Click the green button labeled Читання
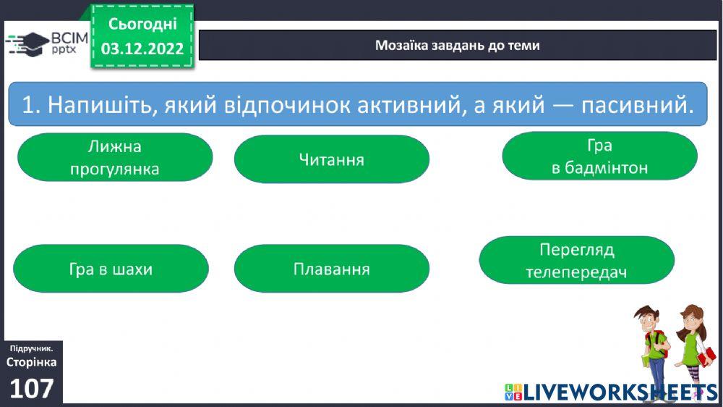pyautogui.click(x=331, y=159)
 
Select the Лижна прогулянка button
pyautogui.click(x=114, y=158)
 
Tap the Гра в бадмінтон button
pyautogui.click(x=599, y=157)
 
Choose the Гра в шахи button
pyautogui.click(x=111, y=269)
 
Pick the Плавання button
pyautogui.click(x=331, y=269)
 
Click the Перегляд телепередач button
pyautogui.click(x=576, y=261)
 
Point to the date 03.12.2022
pyautogui.click(x=142, y=49)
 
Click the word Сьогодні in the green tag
pyautogui.click(x=142, y=24)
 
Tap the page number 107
pyautogui.click(x=32, y=389)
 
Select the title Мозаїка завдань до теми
pyautogui.click(x=457, y=46)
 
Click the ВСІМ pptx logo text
pyautogui.click(x=69, y=43)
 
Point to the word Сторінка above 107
pyautogui.click(x=31, y=362)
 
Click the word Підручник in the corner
pyautogui.click(x=31, y=349)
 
